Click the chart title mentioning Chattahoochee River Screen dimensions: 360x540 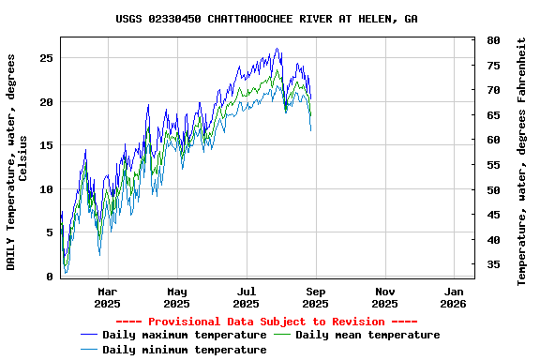(x=267, y=19)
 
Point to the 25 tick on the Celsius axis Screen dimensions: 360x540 (x=46, y=58)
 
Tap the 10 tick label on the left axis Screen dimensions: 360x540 (x=46, y=189)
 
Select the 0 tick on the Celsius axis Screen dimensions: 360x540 (x=50, y=277)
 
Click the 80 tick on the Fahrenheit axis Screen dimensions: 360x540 (x=492, y=41)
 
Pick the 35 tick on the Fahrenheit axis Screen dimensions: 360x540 (x=492, y=265)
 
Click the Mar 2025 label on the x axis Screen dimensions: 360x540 (x=108, y=297)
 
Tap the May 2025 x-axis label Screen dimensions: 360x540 (x=177, y=297)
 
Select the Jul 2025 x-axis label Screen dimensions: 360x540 (x=246, y=297)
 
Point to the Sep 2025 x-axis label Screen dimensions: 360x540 (x=315, y=297)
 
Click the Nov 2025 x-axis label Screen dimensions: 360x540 (x=384, y=297)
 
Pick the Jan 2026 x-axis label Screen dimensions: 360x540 (x=454, y=297)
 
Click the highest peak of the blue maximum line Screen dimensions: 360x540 (x=277, y=49)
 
